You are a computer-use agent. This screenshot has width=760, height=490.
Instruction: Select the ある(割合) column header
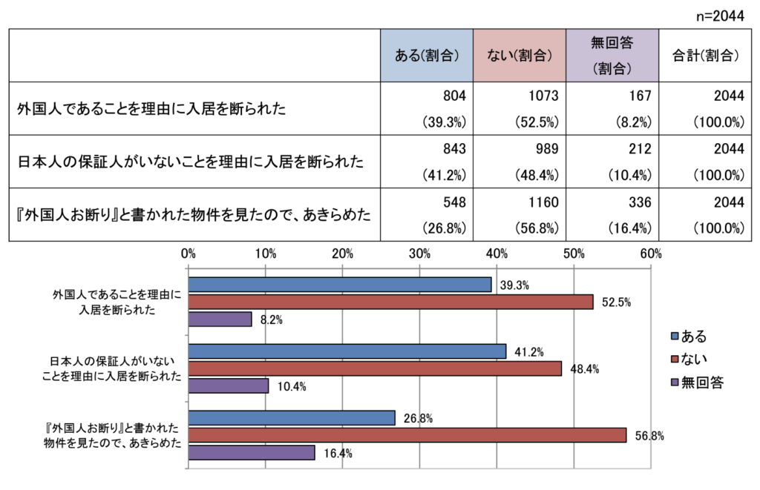(x=426, y=55)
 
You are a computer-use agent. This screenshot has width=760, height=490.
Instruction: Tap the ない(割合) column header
(x=519, y=55)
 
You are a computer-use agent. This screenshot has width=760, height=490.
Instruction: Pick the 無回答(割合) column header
(x=612, y=55)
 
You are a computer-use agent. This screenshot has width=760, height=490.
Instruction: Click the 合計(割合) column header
(x=704, y=55)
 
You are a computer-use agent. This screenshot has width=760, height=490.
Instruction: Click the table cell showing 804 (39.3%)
(x=426, y=108)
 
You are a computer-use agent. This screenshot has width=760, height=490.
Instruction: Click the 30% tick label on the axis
(x=419, y=254)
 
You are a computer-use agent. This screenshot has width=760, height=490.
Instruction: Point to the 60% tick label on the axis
(x=650, y=254)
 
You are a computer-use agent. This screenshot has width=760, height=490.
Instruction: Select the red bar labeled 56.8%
(x=407, y=435)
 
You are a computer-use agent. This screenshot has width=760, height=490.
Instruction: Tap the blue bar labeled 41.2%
(x=347, y=351)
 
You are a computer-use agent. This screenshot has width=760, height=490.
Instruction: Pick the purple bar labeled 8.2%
(x=220, y=320)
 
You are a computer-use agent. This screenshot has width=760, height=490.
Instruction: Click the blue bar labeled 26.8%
(x=292, y=418)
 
